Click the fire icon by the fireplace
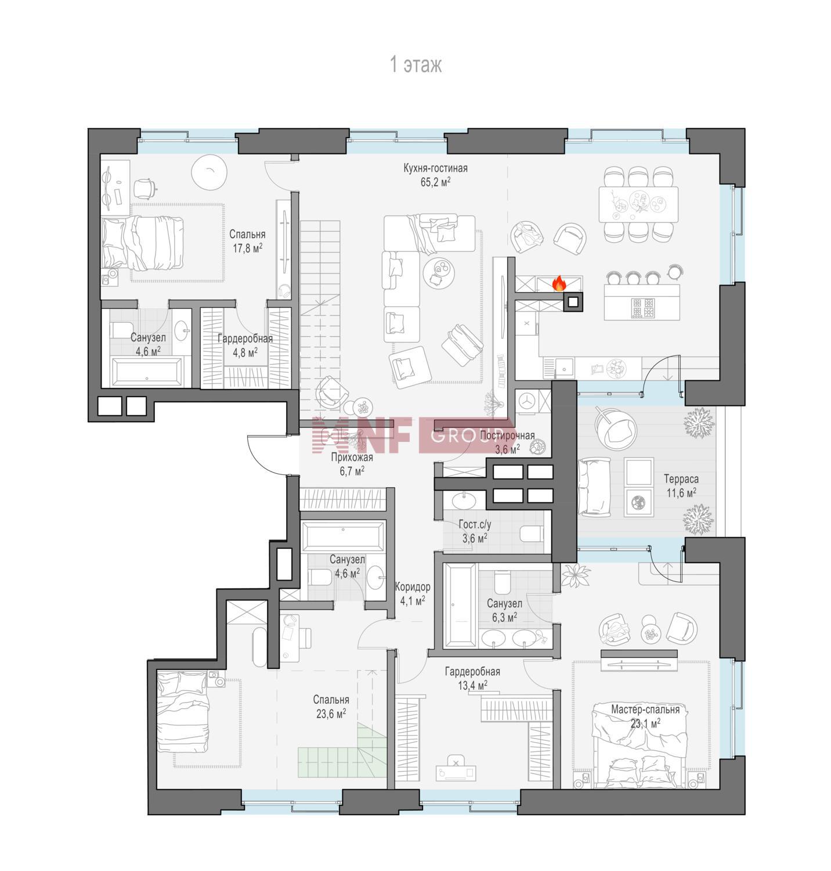click(559, 283)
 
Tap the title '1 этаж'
click(416, 64)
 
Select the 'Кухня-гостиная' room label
click(435, 168)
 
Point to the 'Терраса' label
click(681, 479)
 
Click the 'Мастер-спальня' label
click(645, 710)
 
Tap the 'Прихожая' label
click(352, 458)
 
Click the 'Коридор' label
click(412, 586)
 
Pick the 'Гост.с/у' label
click(475, 525)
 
